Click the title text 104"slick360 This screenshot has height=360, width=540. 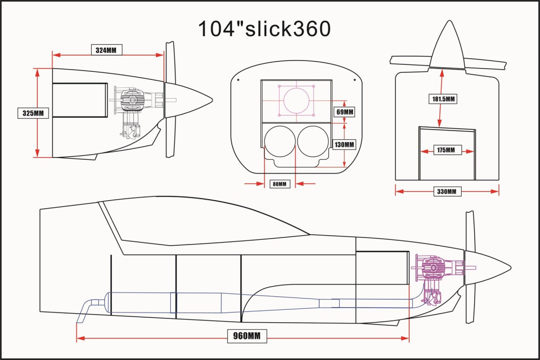(264, 29)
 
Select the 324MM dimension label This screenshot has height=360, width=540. (106, 50)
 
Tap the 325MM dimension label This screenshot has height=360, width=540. (33, 113)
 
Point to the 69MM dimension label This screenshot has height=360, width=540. (345, 112)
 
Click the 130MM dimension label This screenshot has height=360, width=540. (345, 145)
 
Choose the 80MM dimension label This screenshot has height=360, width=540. (280, 184)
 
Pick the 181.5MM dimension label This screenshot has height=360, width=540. (443, 99)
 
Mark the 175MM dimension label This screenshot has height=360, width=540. (446, 150)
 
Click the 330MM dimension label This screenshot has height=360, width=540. (447, 192)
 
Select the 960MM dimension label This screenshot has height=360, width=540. (247, 336)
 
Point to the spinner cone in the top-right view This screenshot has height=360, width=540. (448, 46)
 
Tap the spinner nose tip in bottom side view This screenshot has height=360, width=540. (511, 268)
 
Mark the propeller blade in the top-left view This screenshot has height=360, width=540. (170, 99)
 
